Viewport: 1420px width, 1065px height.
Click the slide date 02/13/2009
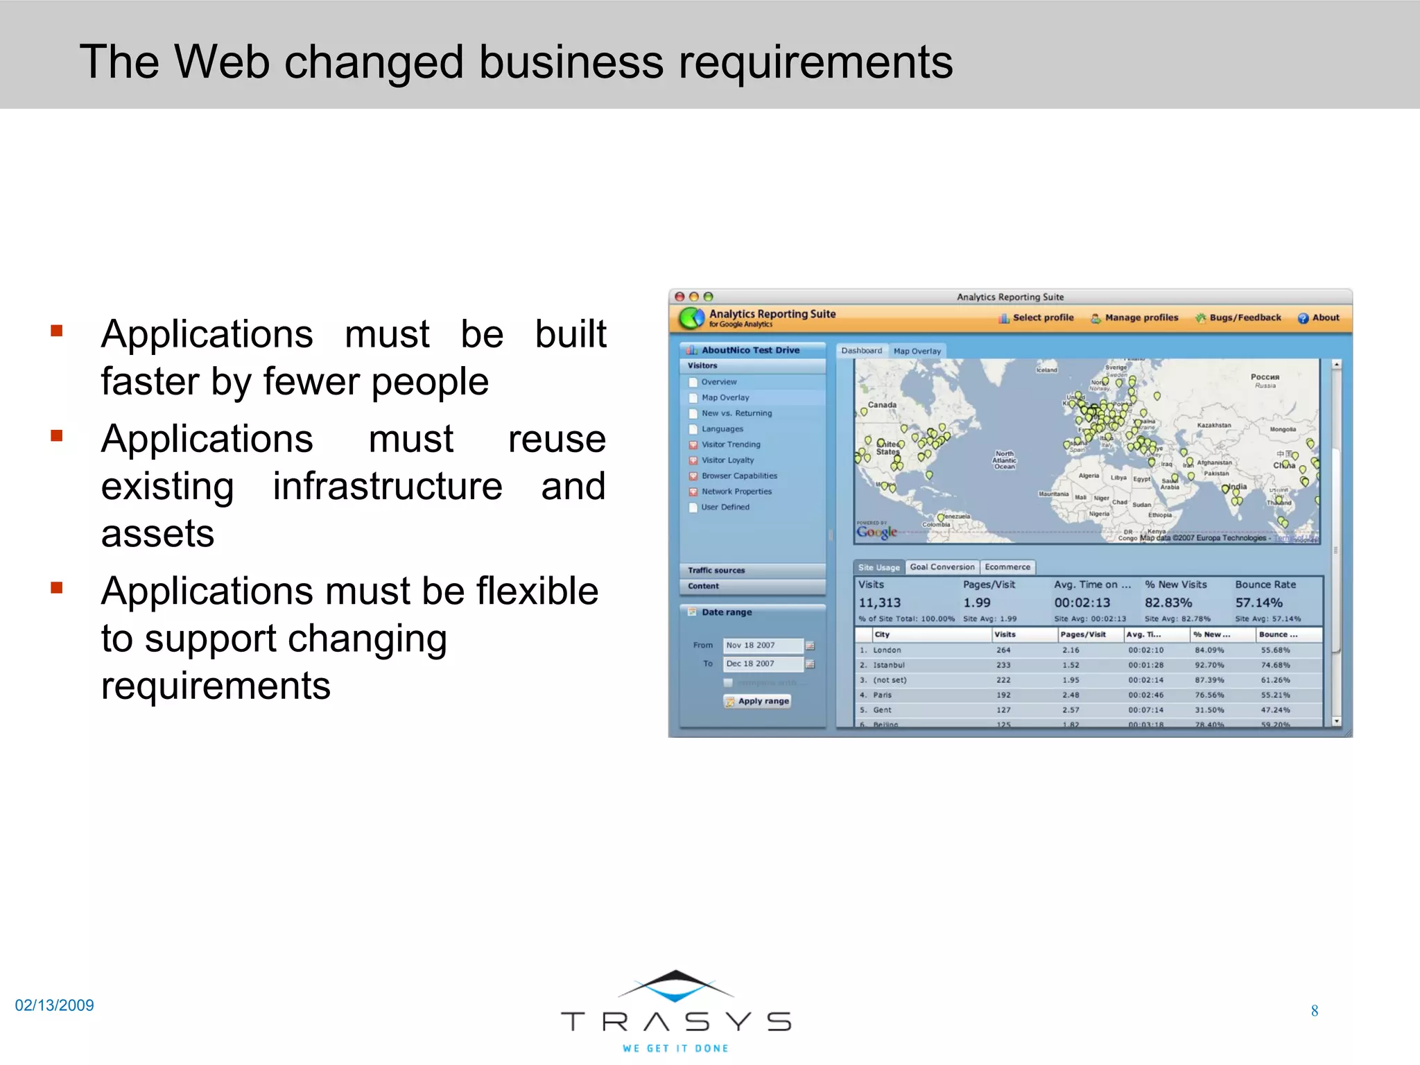point(54,1005)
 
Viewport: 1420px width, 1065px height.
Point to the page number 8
point(1314,1011)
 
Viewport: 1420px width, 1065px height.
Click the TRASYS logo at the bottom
point(676,1012)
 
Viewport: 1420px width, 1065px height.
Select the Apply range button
point(758,701)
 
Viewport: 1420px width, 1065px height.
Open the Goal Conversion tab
point(942,567)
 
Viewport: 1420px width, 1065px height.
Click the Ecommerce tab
point(1007,567)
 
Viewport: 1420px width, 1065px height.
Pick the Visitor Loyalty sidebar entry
point(727,460)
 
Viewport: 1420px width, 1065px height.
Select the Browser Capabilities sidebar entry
point(739,476)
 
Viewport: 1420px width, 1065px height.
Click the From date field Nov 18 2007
point(762,646)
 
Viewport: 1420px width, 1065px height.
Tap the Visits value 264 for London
point(1003,650)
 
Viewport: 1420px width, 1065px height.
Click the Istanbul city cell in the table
point(888,665)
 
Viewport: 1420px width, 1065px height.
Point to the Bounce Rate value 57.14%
point(1258,603)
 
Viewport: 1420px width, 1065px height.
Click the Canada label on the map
point(882,405)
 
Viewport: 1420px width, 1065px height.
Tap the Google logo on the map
point(876,532)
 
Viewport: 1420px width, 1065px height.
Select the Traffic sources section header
point(716,571)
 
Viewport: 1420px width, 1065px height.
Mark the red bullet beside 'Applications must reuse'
point(57,436)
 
